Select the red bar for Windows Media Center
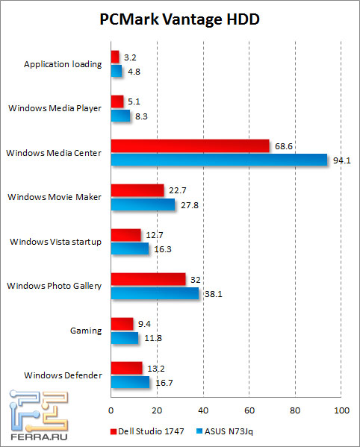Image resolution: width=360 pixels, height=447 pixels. [x=190, y=146]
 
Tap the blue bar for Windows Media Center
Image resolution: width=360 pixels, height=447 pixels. [x=219, y=160]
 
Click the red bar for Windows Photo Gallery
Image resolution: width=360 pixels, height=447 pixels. [x=148, y=279]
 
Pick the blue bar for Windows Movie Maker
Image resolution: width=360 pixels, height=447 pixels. [x=143, y=204]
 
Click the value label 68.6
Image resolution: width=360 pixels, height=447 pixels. [x=282, y=146]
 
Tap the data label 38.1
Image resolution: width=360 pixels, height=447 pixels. [x=212, y=293]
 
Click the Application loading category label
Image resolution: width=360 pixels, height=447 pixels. [x=63, y=63]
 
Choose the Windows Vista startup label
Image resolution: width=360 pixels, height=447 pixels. [x=55, y=241]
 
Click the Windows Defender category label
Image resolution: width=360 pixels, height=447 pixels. [x=63, y=375]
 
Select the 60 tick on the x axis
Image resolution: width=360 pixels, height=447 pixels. [x=249, y=410]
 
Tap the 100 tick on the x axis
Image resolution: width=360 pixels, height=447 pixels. [x=341, y=410]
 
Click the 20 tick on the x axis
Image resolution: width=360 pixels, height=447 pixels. [x=157, y=410]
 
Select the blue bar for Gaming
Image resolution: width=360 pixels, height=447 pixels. [x=124, y=338]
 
